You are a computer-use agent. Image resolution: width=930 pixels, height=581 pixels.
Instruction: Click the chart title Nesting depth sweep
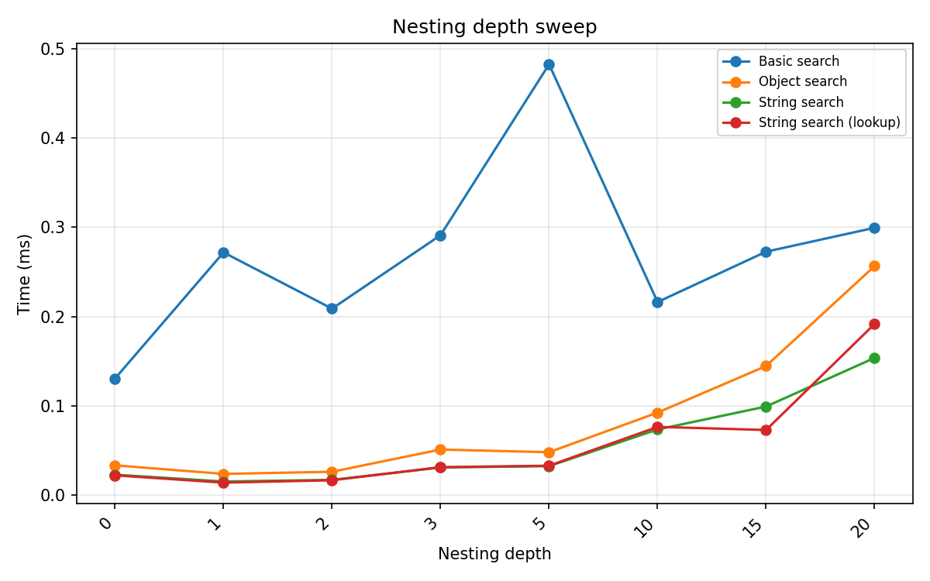point(494,27)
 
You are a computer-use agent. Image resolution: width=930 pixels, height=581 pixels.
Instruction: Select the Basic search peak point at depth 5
point(549,65)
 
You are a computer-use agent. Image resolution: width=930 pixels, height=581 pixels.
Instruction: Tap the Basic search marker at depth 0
point(115,379)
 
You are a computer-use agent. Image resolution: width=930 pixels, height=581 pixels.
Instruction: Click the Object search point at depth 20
point(874,266)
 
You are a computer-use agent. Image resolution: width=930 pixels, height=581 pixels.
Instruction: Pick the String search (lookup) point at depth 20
point(874,324)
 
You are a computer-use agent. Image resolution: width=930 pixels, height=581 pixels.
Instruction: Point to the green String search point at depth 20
point(874,358)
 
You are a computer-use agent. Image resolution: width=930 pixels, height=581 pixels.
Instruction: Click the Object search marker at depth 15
point(766,366)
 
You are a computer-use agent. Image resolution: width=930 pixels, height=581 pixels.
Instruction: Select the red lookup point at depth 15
point(766,430)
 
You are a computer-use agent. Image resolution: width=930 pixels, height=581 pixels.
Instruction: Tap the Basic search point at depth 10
point(657,302)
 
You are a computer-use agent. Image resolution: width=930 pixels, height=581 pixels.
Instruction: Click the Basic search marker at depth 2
point(332,308)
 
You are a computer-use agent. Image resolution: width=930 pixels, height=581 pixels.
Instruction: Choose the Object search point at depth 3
point(440,449)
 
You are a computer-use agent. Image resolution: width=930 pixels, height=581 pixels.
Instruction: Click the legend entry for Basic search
point(798,61)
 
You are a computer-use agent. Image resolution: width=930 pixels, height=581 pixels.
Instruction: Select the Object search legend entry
point(802,81)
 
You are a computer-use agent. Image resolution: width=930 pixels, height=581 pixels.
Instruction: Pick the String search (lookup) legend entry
point(828,122)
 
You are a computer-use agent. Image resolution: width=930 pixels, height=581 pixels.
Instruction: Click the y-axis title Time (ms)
point(25,273)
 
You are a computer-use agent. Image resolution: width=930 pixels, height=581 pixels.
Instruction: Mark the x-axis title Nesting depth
point(494,554)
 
